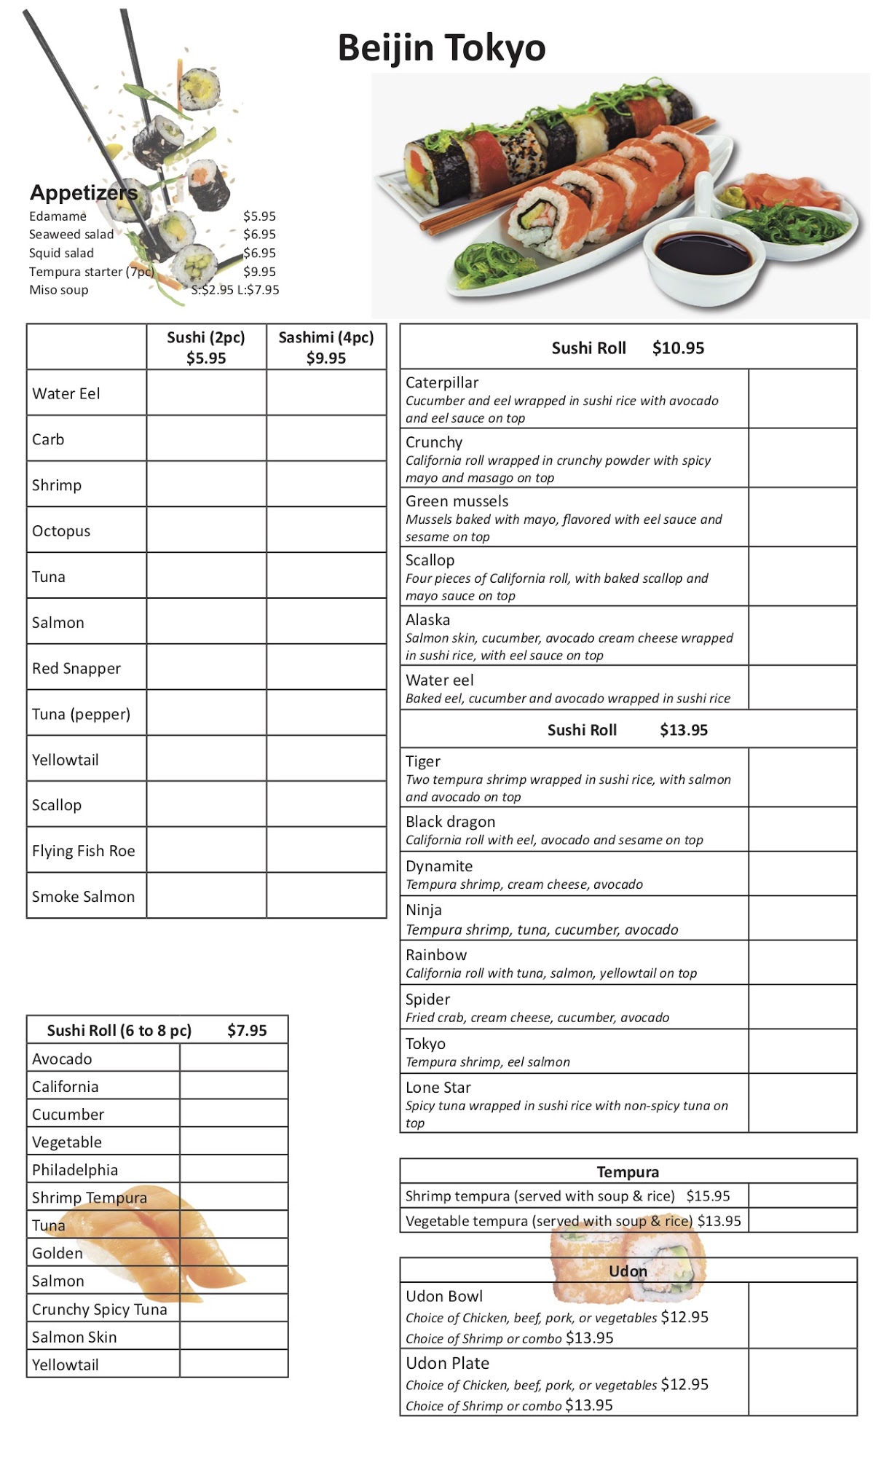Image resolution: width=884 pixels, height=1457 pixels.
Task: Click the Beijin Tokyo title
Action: coord(441,48)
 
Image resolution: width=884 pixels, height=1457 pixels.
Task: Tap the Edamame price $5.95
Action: coord(259,216)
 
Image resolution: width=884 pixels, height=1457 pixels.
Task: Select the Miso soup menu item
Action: coord(58,290)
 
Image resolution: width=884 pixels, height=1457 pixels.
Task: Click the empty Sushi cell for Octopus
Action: coord(206,530)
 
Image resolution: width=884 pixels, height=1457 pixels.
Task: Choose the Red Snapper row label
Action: coord(76,668)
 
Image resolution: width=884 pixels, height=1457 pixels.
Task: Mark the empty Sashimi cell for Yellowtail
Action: coord(326,759)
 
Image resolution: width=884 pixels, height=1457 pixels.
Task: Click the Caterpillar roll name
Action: coord(442,382)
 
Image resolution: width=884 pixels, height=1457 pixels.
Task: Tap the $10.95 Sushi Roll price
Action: coord(678,348)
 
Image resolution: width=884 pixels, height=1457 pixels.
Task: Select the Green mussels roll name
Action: coord(457,501)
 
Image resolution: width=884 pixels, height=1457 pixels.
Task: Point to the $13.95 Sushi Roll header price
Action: coord(683,730)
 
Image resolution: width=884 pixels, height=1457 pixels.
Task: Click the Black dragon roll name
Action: coord(450,822)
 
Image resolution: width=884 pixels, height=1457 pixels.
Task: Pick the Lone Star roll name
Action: coord(438,1088)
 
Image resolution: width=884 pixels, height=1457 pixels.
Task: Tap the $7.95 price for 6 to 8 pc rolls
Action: coord(247,1030)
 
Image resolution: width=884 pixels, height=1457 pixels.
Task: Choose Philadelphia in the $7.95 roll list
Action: coord(74,1170)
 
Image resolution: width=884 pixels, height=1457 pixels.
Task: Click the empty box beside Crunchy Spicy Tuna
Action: coord(233,1308)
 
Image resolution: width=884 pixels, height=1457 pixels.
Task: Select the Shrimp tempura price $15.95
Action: coord(708,1196)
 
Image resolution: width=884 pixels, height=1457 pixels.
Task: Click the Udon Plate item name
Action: coord(447,1363)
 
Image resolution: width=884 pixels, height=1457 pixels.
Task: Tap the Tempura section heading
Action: coord(628,1171)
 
